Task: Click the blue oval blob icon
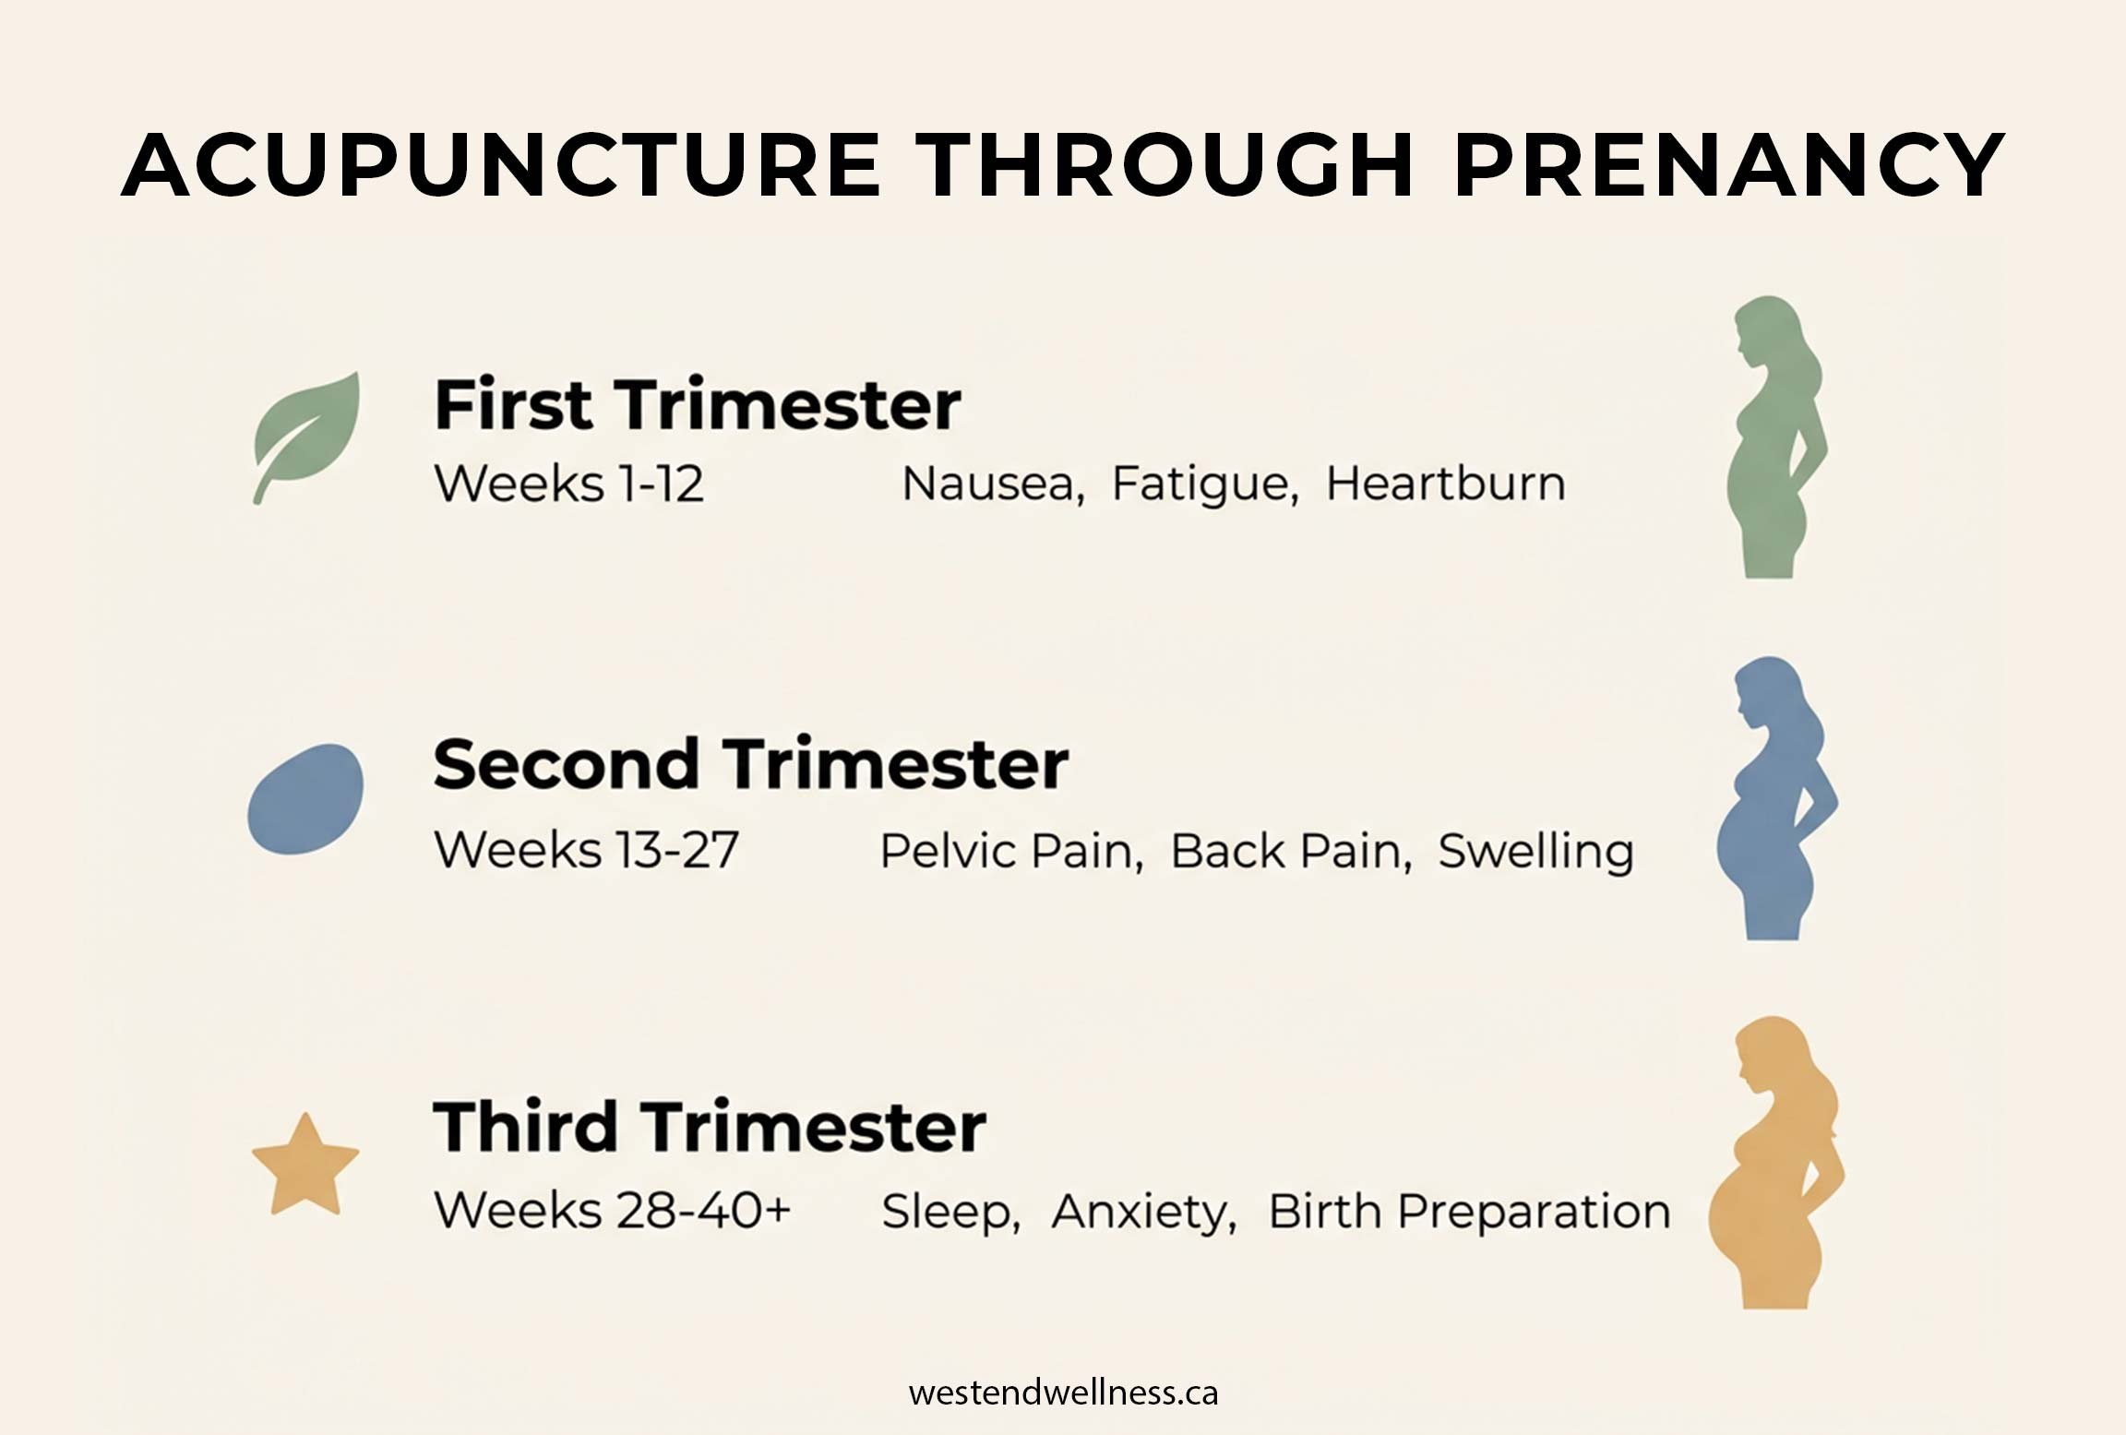(305, 798)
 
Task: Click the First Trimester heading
(698, 405)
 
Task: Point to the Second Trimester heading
(750, 765)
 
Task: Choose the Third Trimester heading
(710, 1127)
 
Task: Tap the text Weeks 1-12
(568, 484)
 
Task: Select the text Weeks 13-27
(586, 850)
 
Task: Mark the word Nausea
(991, 484)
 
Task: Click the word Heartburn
(1445, 484)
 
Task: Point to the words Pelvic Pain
(1009, 851)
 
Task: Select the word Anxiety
(1142, 1212)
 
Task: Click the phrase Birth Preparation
(1469, 1212)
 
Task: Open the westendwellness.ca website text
(1063, 1393)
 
